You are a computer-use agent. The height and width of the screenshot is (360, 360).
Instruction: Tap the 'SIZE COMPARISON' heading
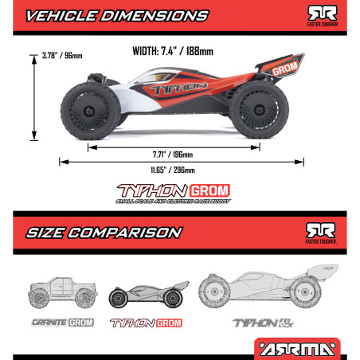pos(104,233)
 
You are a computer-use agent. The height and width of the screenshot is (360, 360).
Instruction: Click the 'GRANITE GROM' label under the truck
pos(63,323)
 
